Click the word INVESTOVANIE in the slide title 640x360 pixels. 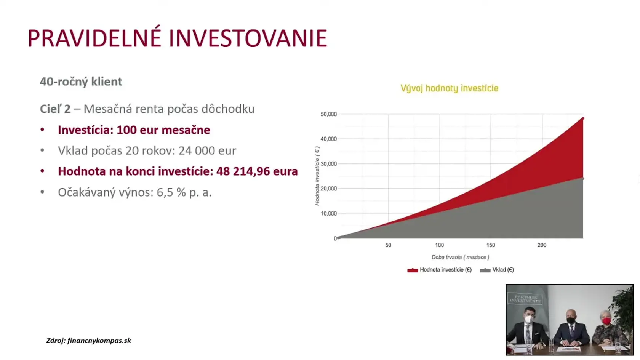248,38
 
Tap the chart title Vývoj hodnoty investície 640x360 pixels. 450,88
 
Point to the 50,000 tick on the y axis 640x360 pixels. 328,114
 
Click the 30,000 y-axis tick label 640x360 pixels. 328,164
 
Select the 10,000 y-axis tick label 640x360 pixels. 328,213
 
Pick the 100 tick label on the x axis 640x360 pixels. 440,245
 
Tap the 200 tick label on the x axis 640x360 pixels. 542,245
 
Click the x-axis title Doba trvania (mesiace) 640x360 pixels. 460,257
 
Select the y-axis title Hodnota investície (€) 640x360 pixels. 317,176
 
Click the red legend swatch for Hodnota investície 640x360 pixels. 413,270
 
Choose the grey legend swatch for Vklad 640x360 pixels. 485,270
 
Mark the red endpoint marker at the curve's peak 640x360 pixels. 583,118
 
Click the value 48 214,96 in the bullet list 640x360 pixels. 243,171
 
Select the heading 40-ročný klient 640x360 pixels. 81,82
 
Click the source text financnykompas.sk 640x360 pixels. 99,341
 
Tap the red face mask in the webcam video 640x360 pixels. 606,321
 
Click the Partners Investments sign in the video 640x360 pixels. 525,299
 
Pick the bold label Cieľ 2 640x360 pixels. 55,109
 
